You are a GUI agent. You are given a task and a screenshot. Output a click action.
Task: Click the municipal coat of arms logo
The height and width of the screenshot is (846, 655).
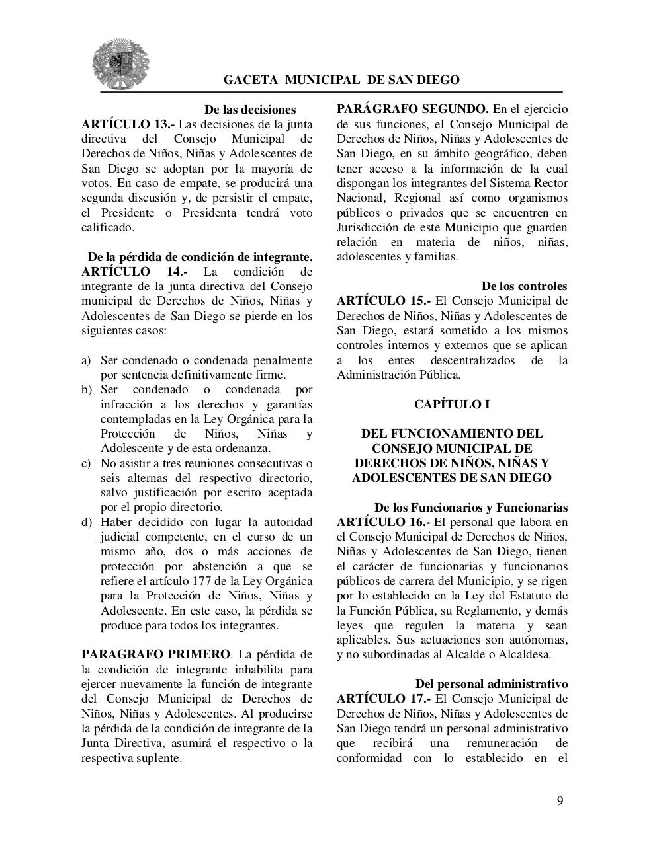click(120, 63)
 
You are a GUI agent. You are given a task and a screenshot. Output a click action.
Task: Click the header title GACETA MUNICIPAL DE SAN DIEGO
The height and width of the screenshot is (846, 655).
click(341, 80)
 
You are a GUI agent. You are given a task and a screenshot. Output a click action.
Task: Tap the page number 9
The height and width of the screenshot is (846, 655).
click(560, 801)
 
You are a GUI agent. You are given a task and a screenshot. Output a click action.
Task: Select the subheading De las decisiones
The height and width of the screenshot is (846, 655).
click(249, 110)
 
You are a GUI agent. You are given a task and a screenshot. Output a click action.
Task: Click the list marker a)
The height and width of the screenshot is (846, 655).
click(86, 360)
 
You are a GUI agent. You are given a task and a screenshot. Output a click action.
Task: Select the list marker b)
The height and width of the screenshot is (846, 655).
click(87, 389)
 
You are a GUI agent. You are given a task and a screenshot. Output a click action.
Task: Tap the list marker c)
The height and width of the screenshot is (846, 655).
click(86, 463)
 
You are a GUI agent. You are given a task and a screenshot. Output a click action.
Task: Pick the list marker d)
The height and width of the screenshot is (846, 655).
click(87, 522)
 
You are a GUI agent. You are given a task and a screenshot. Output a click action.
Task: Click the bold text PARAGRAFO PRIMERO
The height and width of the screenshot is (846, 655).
click(155, 654)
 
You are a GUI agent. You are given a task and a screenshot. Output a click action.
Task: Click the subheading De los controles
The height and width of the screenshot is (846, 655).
click(524, 286)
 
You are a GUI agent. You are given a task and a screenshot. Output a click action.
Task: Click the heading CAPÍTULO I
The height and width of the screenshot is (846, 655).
click(452, 404)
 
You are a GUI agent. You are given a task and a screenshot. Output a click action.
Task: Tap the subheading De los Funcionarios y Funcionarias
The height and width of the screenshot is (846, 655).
click(470, 508)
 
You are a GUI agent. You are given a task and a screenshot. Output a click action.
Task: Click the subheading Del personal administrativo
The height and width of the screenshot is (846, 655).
click(491, 684)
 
